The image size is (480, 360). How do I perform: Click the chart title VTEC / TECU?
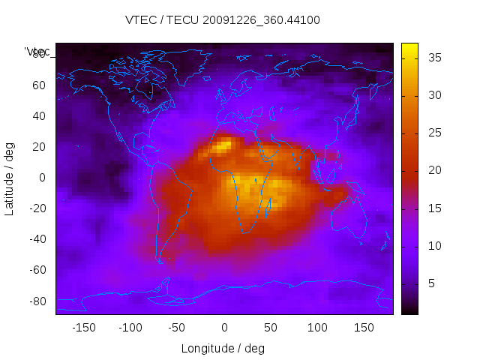[x=223, y=20]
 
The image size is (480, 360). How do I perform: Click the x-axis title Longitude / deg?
[x=223, y=348]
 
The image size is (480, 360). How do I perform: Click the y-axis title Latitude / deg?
[x=10, y=178]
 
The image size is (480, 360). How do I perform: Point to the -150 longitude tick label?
[x=83, y=327]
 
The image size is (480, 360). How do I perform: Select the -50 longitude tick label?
[x=177, y=327]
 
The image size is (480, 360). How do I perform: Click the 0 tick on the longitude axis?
[x=224, y=327]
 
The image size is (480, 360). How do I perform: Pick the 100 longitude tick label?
[x=317, y=327]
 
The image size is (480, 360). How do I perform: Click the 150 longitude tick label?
[x=364, y=327]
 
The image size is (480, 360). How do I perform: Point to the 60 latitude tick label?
[x=39, y=85]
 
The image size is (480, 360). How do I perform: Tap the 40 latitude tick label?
[x=39, y=115]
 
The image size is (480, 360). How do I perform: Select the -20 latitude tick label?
[x=37, y=208]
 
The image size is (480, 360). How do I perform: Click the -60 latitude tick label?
[x=37, y=270]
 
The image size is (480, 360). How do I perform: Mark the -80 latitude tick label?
[x=37, y=301]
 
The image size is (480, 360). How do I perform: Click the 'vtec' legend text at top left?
[x=37, y=51]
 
